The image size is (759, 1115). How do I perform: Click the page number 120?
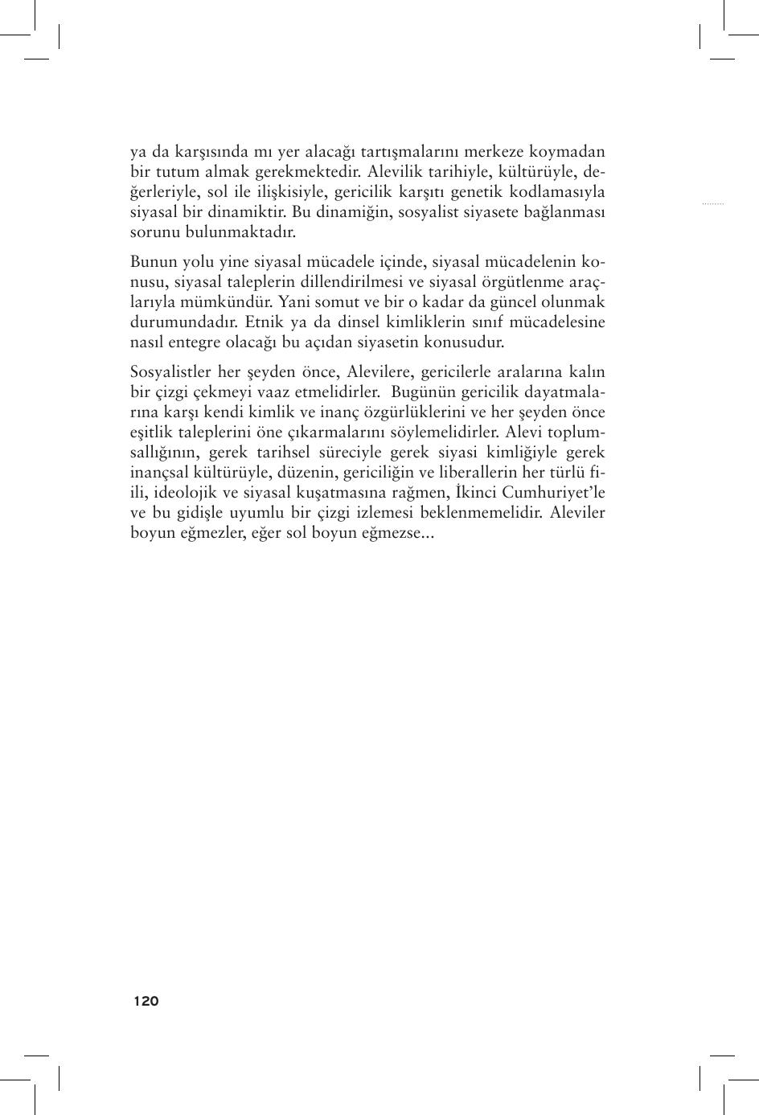(146, 1001)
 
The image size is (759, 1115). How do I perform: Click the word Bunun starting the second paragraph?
(152, 262)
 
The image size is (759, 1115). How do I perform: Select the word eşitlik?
(151, 432)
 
